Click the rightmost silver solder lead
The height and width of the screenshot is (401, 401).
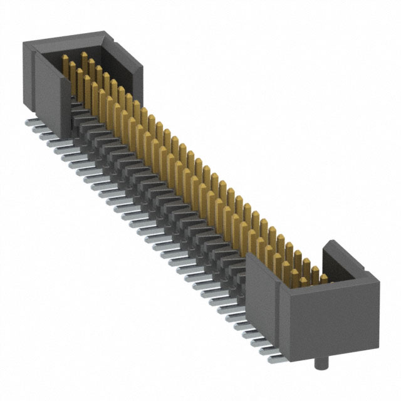point(276,360)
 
